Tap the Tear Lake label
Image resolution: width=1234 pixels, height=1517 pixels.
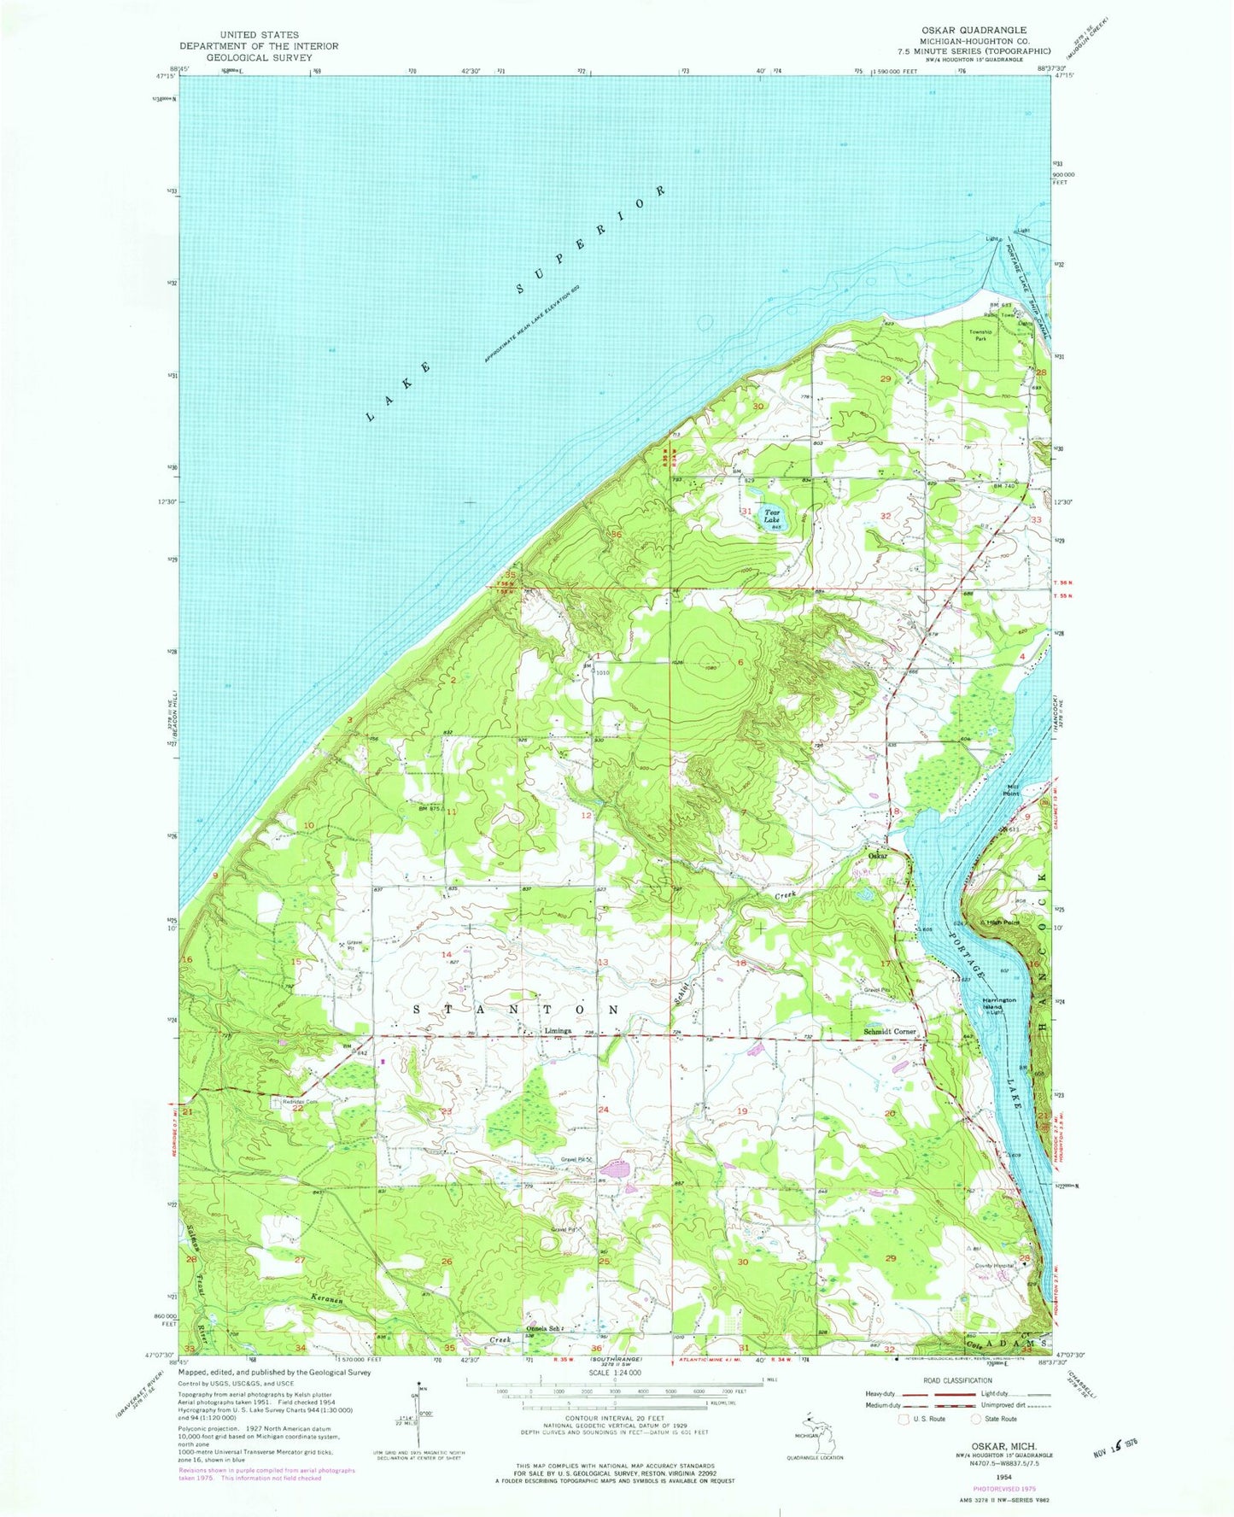tap(771, 516)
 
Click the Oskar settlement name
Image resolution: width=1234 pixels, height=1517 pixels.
tap(878, 855)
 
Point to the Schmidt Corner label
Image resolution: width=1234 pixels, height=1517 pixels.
tap(891, 1031)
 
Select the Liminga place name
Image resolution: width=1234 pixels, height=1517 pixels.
tap(559, 1030)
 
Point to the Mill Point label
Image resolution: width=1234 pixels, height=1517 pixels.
tap(1012, 790)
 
